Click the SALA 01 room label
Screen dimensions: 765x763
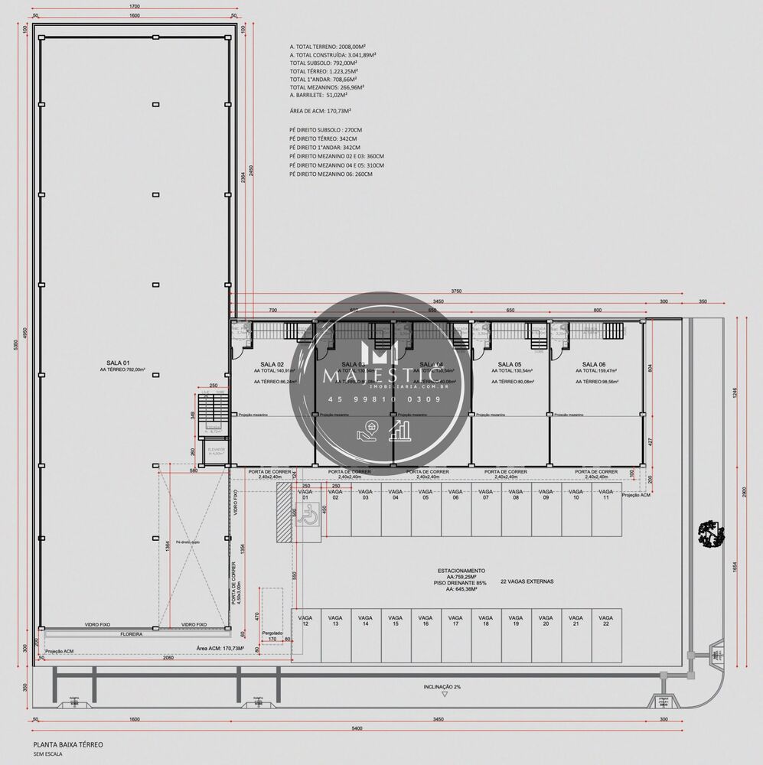[x=117, y=363]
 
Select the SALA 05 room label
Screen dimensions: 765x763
[x=509, y=364]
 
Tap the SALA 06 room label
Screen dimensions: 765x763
[x=594, y=364]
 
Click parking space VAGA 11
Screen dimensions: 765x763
[x=605, y=494]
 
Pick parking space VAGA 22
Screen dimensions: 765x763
[x=605, y=620]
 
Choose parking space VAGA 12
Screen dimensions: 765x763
[x=305, y=620]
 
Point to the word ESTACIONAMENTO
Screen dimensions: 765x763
[x=461, y=570]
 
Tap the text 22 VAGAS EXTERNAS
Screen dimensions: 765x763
[x=527, y=581]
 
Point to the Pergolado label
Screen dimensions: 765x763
[x=272, y=633]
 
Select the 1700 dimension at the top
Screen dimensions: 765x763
[x=135, y=7]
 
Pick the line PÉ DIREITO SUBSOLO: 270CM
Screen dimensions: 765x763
[x=326, y=130]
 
